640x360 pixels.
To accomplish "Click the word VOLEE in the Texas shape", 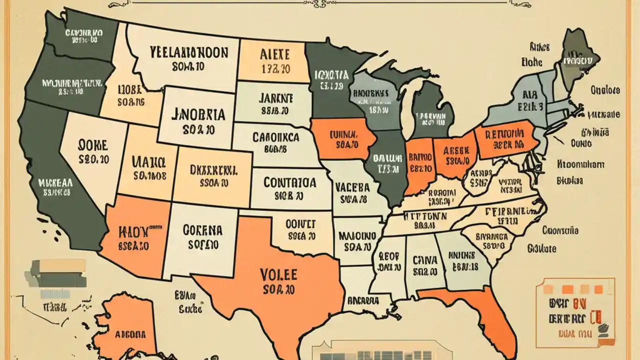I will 278,274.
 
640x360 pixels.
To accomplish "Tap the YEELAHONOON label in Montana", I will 188,53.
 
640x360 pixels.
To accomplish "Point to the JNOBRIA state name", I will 198,114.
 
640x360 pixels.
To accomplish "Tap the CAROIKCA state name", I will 275,137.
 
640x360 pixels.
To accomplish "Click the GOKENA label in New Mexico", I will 202,230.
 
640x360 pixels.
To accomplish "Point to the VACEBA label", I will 352,187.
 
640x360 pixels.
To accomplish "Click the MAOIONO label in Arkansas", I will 357,235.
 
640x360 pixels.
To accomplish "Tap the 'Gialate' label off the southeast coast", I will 542,248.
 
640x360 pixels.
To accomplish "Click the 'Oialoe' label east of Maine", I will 605,90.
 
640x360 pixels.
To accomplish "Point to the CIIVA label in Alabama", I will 425,260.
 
